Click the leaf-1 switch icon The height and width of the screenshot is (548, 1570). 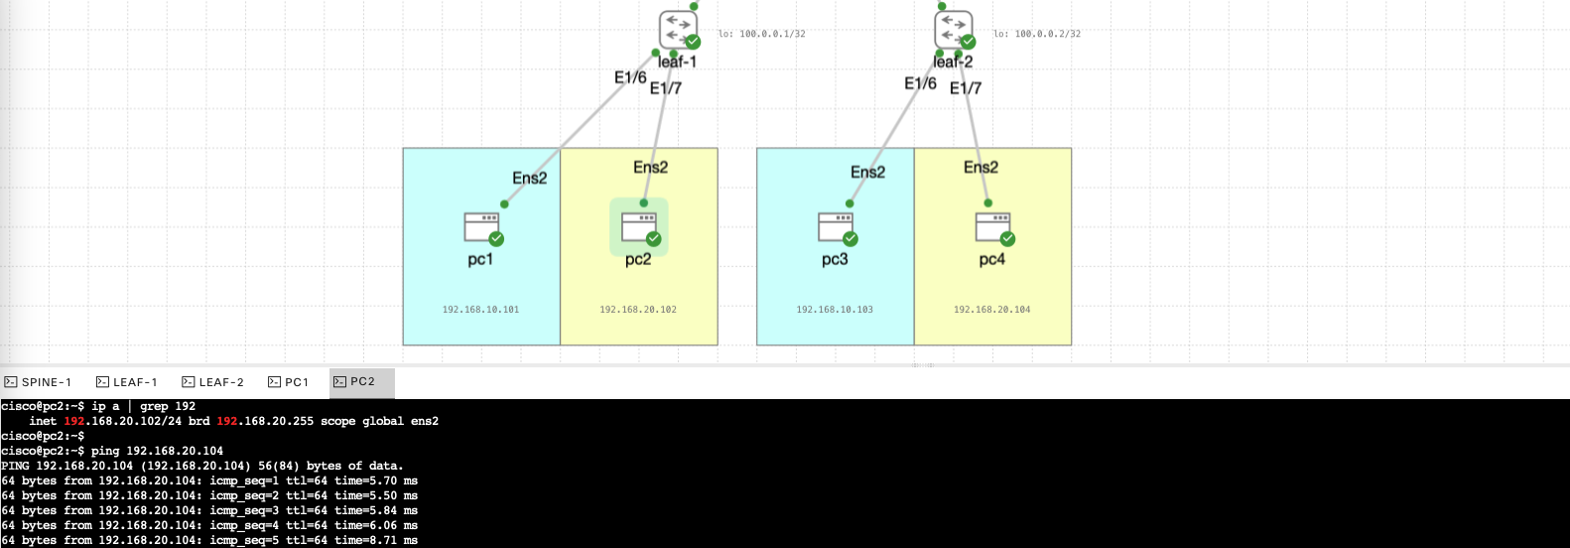click(x=678, y=29)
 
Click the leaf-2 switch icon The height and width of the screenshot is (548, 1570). click(x=953, y=29)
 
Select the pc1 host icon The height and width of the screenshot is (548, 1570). click(x=481, y=227)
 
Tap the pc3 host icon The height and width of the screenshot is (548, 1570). click(x=836, y=227)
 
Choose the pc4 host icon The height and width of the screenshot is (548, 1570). click(x=992, y=227)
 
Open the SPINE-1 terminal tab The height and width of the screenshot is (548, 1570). click(x=39, y=382)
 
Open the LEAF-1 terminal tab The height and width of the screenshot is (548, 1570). click(x=127, y=382)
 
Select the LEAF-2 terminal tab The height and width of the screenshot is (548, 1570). click(x=213, y=382)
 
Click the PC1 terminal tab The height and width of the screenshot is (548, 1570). click(x=289, y=382)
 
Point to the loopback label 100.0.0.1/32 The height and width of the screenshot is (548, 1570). click(x=762, y=34)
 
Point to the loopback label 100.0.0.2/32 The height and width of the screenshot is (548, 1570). click(x=1037, y=34)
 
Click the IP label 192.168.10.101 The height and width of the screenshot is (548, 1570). click(x=480, y=310)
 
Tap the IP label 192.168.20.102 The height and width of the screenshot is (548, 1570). click(x=638, y=310)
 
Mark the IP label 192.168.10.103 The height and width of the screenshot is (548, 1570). click(x=835, y=310)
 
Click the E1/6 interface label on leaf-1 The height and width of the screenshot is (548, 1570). click(x=630, y=77)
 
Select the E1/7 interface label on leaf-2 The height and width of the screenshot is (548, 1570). click(x=966, y=88)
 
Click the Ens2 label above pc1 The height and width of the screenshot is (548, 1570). click(x=529, y=178)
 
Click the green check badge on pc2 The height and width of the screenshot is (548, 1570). click(x=653, y=238)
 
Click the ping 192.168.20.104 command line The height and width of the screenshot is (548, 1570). click(x=157, y=451)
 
